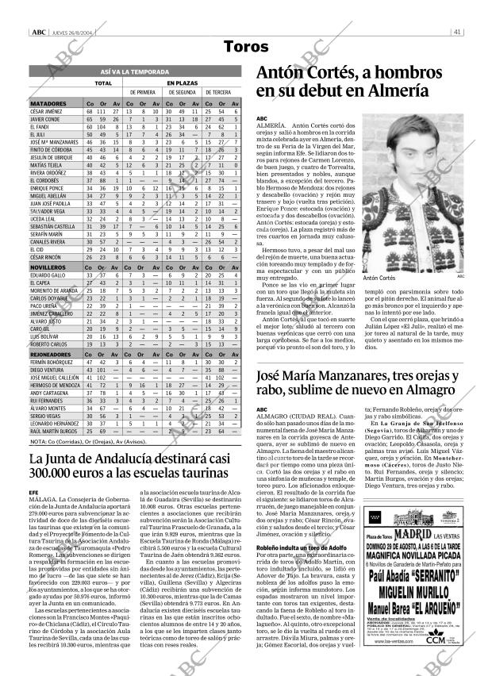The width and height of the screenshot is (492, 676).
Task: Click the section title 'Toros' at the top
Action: click(x=246, y=47)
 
